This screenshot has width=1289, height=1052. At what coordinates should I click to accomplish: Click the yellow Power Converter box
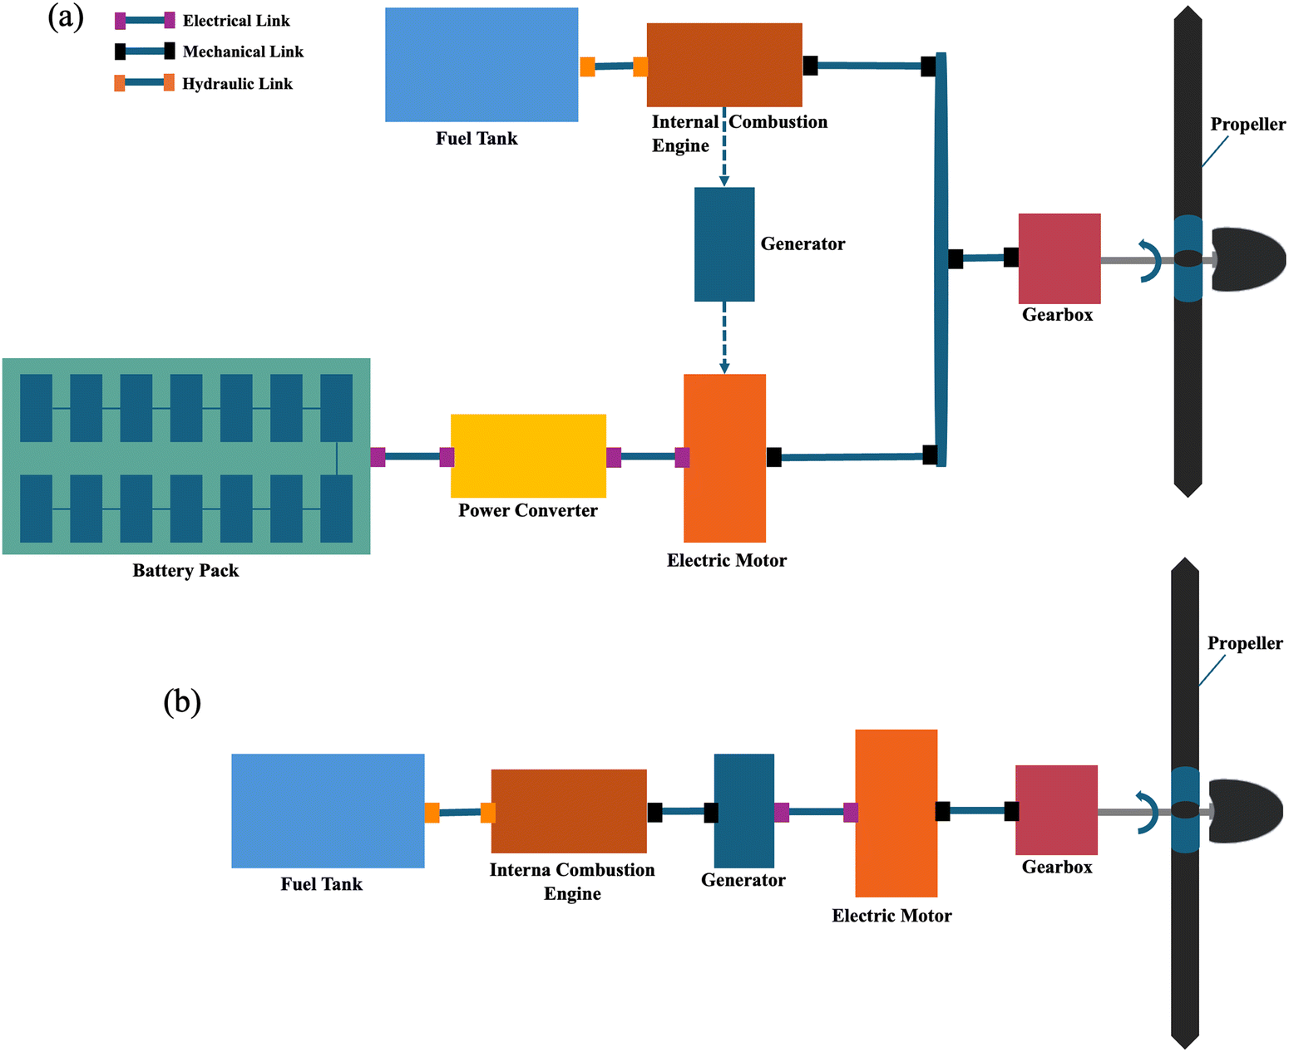tap(528, 455)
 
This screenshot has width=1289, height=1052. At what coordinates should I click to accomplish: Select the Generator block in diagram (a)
tap(724, 243)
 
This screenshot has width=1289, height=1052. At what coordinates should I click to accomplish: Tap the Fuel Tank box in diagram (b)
tap(328, 810)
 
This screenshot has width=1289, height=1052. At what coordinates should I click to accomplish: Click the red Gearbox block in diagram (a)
tap(1059, 258)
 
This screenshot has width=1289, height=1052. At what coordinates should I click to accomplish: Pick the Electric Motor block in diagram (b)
tap(896, 812)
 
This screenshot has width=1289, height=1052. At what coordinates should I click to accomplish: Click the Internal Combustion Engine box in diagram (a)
tap(724, 64)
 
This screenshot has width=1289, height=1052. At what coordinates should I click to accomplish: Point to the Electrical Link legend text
tap(236, 21)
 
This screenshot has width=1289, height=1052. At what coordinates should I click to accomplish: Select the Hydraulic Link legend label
tap(237, 84)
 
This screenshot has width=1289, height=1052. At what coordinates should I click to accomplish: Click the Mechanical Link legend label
tap(243, 52)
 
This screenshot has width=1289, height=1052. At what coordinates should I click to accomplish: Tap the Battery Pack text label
tap(185, 571)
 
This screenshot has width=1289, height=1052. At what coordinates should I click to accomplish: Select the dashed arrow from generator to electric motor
tap(724, 337)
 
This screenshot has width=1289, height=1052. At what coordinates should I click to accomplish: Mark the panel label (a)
tap(66, 17)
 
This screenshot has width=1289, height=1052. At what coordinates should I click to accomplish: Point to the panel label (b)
tap(182, 702)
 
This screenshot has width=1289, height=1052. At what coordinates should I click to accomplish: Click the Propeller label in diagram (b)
tap(1244, 643)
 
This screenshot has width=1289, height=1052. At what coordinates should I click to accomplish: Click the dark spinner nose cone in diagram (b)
tap(1247, 811)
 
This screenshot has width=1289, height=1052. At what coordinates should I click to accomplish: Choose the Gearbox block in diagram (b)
tap(1056, 809)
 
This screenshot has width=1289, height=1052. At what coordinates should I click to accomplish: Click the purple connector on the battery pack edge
tap(378, 456)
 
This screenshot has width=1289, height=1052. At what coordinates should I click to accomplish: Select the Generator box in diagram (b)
tap(743, 810)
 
